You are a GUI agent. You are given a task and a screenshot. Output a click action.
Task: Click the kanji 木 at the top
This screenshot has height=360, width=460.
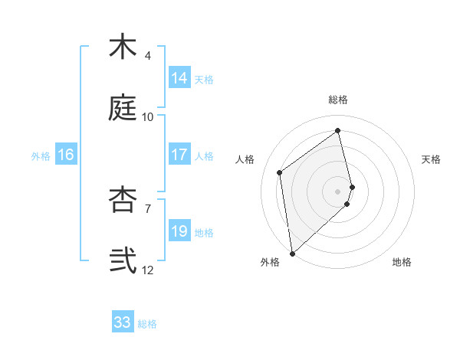123,47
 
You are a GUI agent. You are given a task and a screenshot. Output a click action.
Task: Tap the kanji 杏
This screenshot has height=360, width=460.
123,199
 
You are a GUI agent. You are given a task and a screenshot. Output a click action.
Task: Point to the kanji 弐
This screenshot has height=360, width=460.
123,260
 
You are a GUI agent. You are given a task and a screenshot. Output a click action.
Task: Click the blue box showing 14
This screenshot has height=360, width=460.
179,78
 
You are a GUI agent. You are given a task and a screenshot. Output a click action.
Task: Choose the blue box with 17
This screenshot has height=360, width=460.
179,155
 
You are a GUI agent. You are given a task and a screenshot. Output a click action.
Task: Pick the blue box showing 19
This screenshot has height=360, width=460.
179,231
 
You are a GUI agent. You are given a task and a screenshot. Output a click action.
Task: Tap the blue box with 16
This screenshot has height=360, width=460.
66,155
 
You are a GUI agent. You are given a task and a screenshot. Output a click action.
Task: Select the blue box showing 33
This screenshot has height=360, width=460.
123,322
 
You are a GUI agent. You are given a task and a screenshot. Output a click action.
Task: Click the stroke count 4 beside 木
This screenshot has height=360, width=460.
148,56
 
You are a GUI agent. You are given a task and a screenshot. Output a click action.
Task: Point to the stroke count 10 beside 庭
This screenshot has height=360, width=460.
148,117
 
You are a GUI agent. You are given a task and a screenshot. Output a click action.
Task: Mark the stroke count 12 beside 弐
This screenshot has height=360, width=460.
148,270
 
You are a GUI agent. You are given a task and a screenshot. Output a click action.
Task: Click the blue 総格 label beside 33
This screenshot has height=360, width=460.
147,324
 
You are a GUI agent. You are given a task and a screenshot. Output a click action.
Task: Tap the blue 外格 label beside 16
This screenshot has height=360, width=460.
41,155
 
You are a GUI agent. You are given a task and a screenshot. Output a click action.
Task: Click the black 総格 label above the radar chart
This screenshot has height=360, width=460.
338,100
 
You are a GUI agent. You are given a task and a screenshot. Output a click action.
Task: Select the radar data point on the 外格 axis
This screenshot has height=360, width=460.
292,252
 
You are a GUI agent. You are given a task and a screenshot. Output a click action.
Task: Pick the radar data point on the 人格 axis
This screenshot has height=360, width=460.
280,172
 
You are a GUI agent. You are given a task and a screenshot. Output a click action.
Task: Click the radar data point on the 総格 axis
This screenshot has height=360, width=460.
338,131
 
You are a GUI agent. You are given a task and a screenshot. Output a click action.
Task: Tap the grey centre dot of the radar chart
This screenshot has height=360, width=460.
338,190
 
